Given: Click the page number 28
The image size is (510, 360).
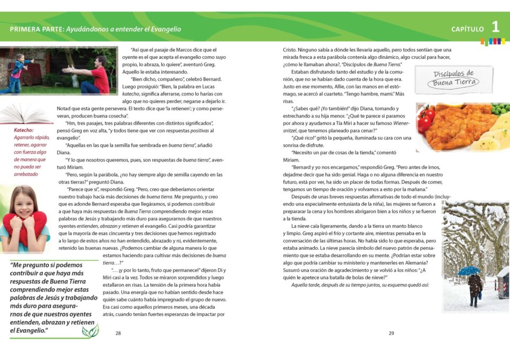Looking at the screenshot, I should coord(118,333).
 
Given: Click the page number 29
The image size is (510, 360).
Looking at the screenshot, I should coord(391,333).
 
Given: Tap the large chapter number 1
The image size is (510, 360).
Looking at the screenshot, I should coord(495,27).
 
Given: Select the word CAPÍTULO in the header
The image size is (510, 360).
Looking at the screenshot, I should coord(468,29).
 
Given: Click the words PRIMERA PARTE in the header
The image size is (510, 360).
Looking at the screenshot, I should coord(36,29).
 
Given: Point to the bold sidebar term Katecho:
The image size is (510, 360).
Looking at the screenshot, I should coord(24,130).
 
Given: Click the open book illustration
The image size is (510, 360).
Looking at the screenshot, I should coord(25,113).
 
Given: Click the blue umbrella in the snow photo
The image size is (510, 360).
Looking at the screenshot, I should coord(469,270).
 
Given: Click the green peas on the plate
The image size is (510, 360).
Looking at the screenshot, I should coord(500,109).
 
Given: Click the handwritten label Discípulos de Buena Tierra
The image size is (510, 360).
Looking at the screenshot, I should coord(453,78).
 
